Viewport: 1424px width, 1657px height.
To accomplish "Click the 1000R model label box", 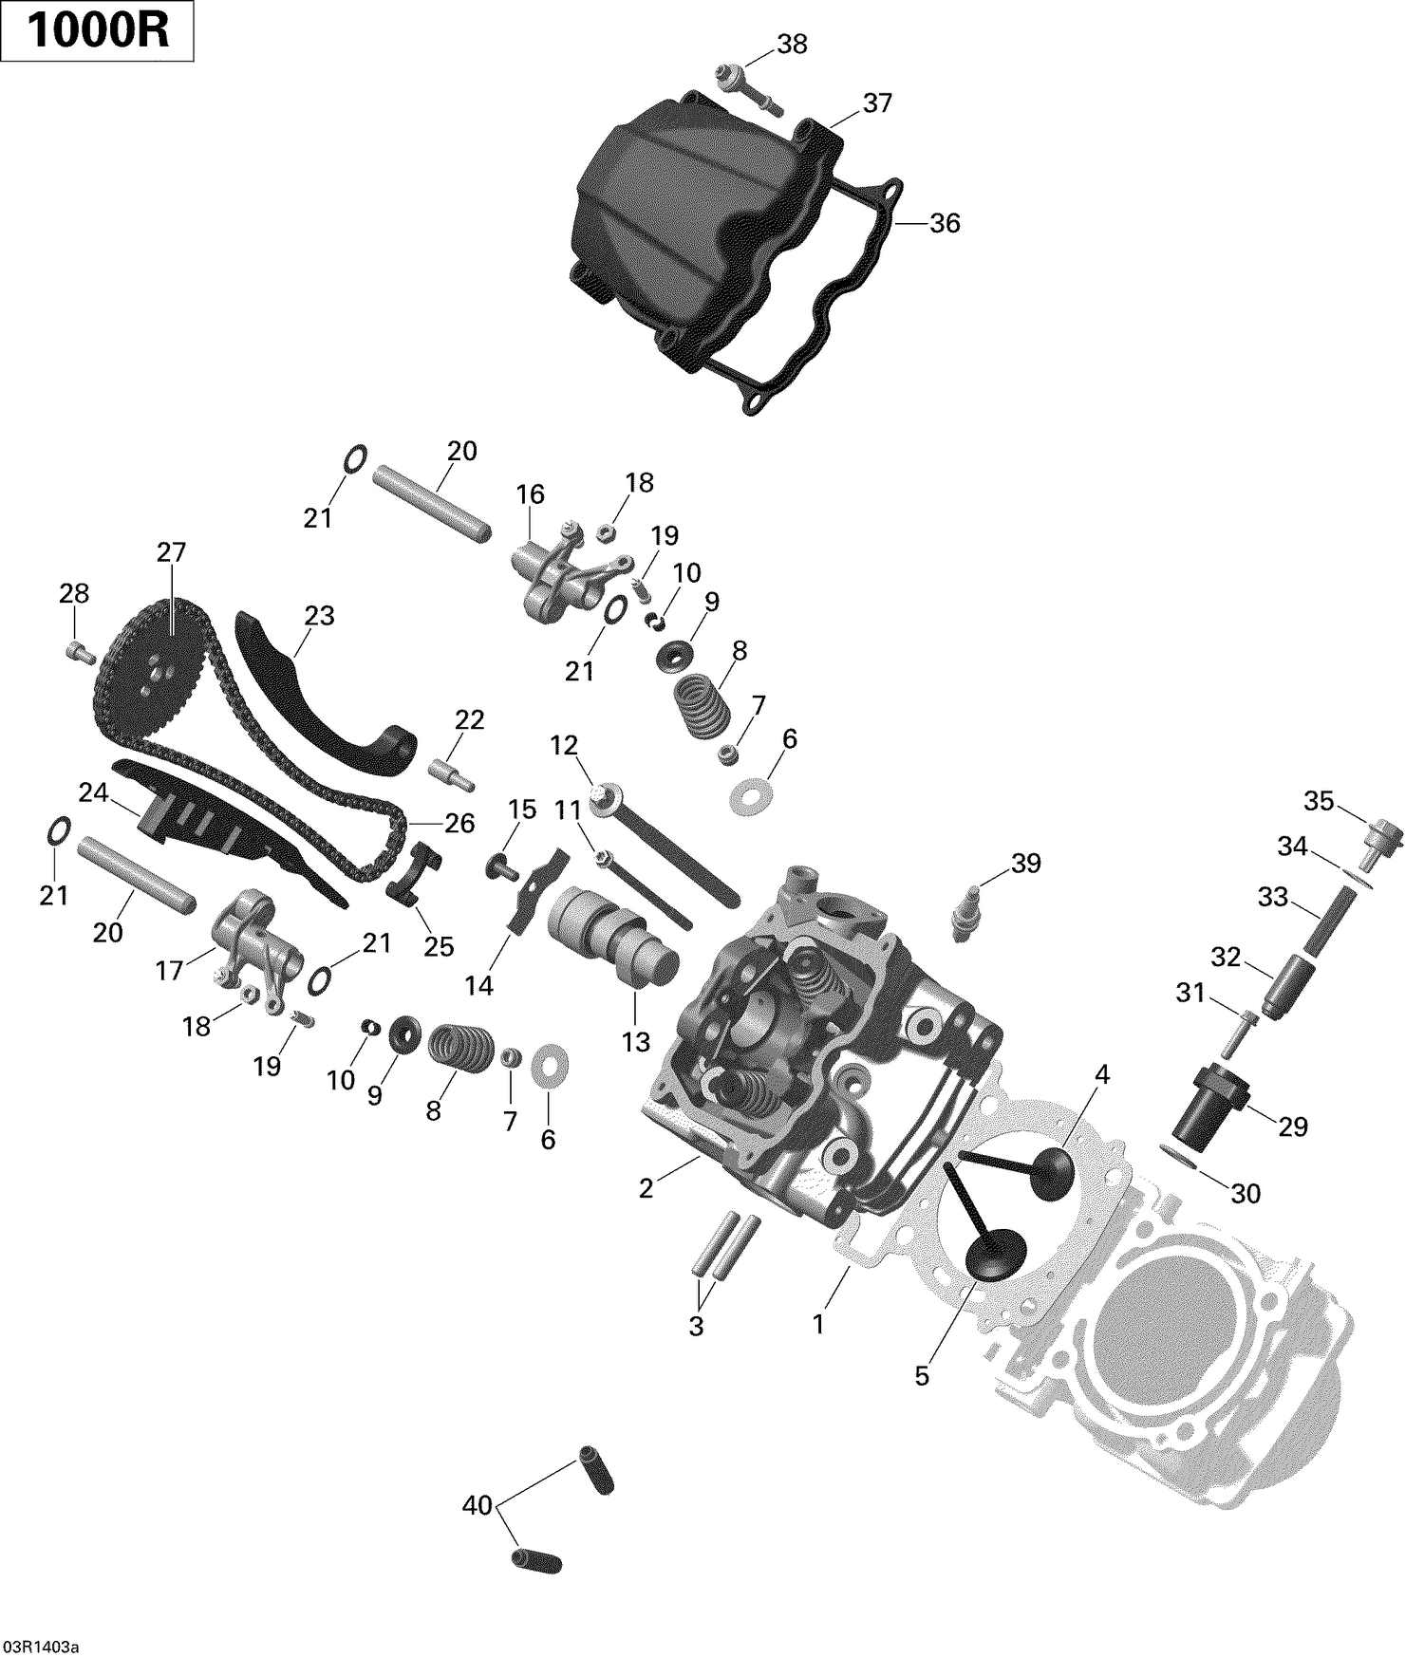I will pos(98,31).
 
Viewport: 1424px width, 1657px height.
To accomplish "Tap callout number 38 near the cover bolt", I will pos(792,45).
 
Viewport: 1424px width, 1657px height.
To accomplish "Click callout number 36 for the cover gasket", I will pos(944,224).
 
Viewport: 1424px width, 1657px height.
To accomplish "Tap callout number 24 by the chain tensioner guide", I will pos(93,792).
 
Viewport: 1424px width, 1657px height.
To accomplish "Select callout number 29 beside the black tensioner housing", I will pos(1292,1126).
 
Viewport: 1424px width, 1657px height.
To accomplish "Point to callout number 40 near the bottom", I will pos(478,1505).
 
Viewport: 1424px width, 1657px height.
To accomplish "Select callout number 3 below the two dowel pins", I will pos(696,1327).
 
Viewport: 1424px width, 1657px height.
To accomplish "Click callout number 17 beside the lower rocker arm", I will pos(169,970).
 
